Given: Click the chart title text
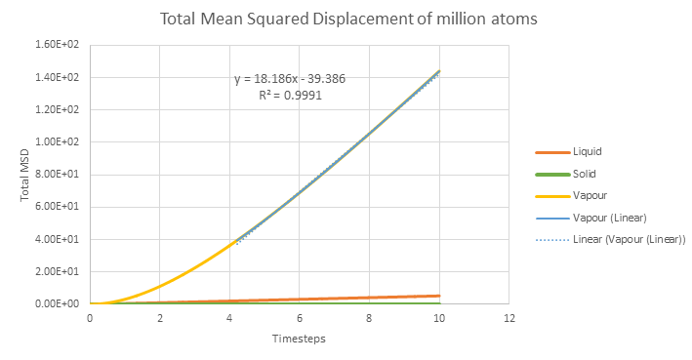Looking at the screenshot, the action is (x=348, y=19).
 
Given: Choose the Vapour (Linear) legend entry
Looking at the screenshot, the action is (x=590, y=218).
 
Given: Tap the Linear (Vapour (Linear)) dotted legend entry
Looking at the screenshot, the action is (x=611, y=240).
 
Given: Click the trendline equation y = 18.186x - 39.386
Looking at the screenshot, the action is (x=290, y=79).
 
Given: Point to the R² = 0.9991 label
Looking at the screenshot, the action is (x=291, y=95).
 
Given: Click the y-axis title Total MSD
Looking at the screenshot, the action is (x=24, y=176).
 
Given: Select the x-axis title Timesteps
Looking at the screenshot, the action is (x=299, y=339).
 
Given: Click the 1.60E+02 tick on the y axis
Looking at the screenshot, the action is (x=57, y=45).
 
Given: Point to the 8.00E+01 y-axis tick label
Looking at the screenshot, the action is (x=57, y=175).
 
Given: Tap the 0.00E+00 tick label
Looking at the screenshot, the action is (x=57, y=304).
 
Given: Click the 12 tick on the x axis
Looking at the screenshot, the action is (x=509, y=318).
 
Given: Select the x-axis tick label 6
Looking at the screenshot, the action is (x=300, y=318).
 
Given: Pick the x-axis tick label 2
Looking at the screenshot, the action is (x=160, y=318).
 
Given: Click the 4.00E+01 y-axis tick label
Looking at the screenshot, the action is (x=57, y=239).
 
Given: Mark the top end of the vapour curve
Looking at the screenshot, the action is (x=439, y=70).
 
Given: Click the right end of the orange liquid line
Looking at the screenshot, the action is (x=439, y=296).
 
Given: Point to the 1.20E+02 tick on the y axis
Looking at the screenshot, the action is (x=57, y=109).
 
